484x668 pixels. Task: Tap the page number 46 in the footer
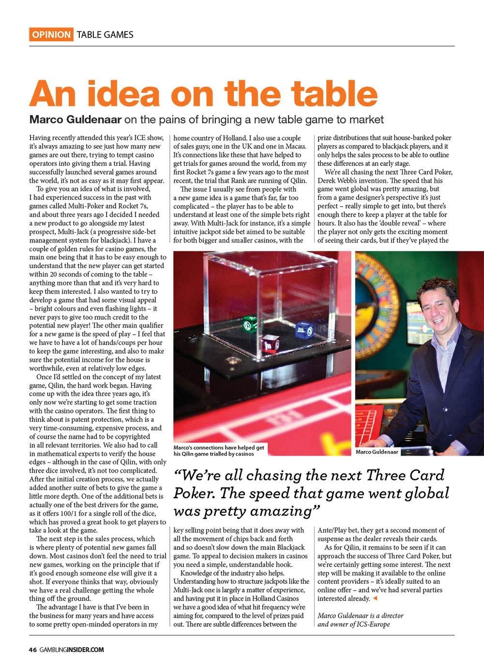click(32, 650)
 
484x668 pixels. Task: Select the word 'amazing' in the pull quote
click(285, 511)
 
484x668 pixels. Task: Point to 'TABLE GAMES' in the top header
click(105, 34)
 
